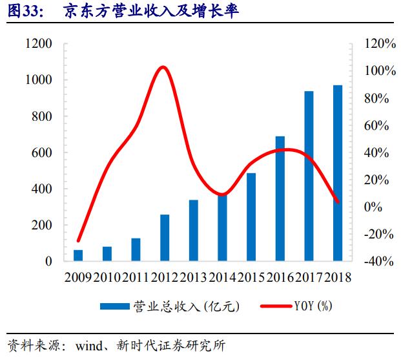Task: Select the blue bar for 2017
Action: tap(309, 176)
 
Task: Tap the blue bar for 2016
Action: tap(280, 199)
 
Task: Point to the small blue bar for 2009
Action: tap(78, 255)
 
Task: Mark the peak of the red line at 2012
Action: tap(163, 67)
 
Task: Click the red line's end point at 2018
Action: tap(338, 202)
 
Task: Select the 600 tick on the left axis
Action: tap(42, 153)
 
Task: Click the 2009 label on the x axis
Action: tap(77, 277)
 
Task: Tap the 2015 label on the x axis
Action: tap(251, 277)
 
